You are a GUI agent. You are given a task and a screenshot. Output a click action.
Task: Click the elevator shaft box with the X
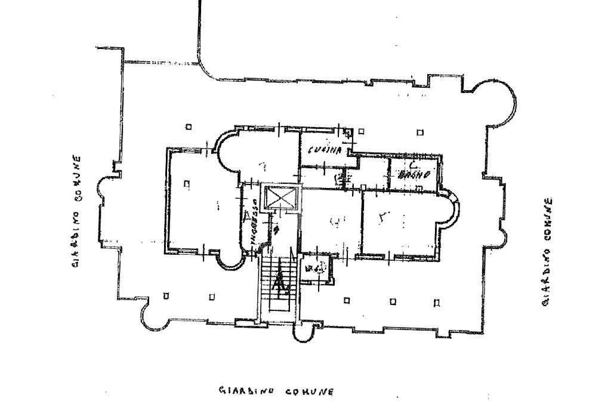point(280,199)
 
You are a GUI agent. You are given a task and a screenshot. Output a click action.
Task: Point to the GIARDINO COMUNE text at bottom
point(276,391)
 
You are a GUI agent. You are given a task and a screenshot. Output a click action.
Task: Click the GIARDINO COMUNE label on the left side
point(76,211)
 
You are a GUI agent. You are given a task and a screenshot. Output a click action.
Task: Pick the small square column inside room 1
point(187,184)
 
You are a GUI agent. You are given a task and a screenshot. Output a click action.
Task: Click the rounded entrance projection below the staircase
point(305,331)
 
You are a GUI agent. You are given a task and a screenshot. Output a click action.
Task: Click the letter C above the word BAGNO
point(412,164)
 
